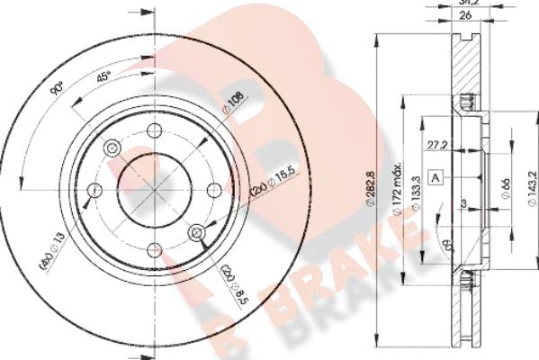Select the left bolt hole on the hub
click(x=94, y=189)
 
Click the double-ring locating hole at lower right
click(x=197, y=233)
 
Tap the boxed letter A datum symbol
click(x=436, y=176)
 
